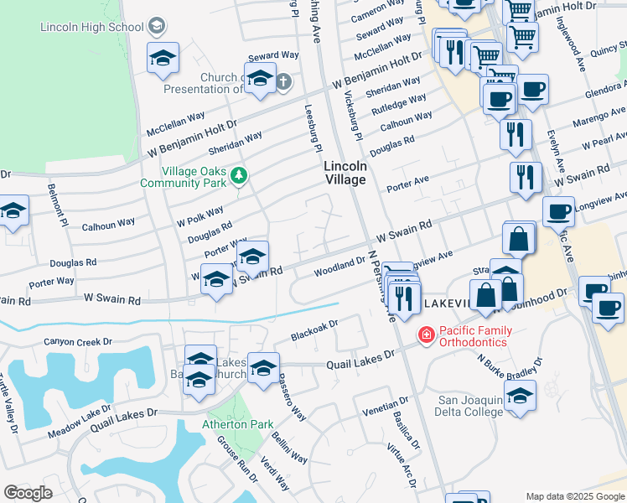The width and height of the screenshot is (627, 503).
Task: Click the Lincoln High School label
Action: pos(92,28)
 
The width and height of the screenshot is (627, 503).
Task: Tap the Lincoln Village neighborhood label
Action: pos(345,173)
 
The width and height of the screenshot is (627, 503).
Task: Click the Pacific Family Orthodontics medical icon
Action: pos(426,335)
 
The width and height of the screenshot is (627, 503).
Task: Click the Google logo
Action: pos(28,493)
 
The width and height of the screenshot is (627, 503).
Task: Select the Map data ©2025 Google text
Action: pos(574,497)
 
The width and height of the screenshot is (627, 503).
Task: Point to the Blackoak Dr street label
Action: pos(313,329)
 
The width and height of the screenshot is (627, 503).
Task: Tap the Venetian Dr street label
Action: pos(385,407)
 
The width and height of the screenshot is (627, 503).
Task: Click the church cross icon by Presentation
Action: pos(283,81)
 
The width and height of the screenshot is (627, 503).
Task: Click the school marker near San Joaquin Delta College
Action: pos(520,394)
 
